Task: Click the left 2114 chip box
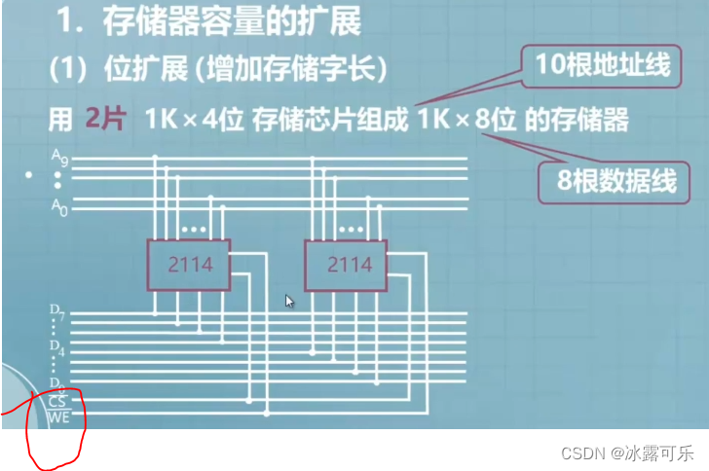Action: (189, 265)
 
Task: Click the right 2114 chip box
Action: (350, 265)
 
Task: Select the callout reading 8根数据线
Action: (609, 181)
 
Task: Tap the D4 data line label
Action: (56, 347)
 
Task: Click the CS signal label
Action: (56, 400)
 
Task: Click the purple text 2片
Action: (106, 121)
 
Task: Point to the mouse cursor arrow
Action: (289, 302)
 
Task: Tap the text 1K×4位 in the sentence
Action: (195, 121)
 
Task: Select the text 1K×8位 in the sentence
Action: (467, 121)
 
